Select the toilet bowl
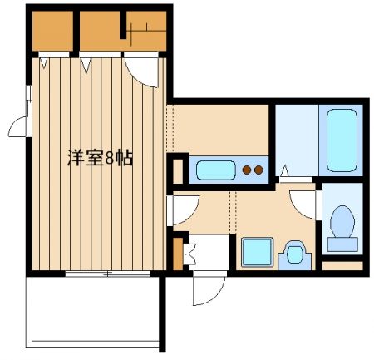click(342, 223)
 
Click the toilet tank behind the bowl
click(342, 244)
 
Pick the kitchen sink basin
click(214, 172)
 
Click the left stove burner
click(246, 172)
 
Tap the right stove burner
click(259, 172)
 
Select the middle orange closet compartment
click(101, 31)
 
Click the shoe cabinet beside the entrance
click(177, 251)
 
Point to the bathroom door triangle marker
click(284, 173)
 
